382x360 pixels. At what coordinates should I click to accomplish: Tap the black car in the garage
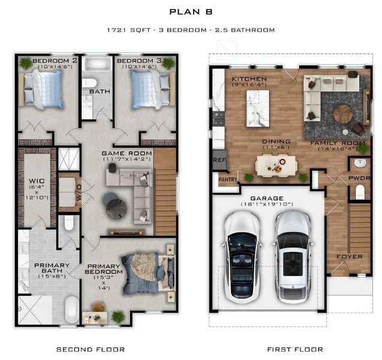click(x=242, y=256)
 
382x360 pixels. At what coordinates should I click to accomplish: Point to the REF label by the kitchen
click(x=219, y=160)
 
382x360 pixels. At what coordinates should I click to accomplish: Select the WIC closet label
click(x=33, y=181)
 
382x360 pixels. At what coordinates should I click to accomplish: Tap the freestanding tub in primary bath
click(x=71, y=309)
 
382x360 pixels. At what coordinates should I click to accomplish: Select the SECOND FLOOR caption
click(x=91, y=349)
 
